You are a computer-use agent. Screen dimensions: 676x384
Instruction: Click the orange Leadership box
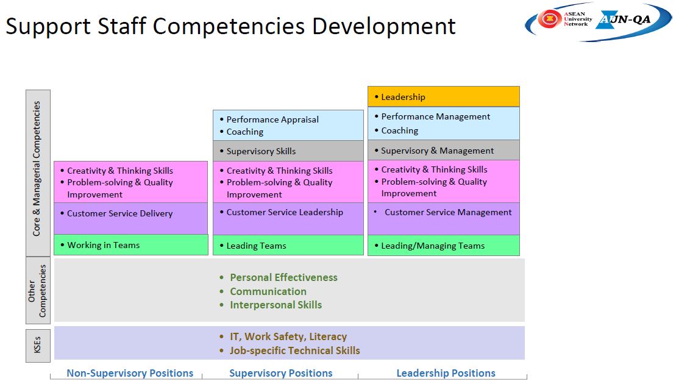444,96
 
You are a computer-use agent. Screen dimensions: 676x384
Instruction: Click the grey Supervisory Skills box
288,151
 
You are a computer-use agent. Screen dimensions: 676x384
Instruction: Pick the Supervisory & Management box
444,150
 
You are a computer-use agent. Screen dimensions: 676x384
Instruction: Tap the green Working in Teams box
131,245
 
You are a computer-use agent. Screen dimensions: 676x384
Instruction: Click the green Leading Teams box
288,245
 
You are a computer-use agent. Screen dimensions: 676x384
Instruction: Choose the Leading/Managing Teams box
444,245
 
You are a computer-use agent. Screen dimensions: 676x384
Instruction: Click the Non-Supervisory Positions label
130,373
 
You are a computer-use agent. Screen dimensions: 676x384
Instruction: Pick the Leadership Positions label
446,373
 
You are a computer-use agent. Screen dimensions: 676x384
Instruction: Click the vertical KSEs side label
38,346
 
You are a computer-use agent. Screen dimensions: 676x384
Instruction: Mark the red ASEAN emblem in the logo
549,18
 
